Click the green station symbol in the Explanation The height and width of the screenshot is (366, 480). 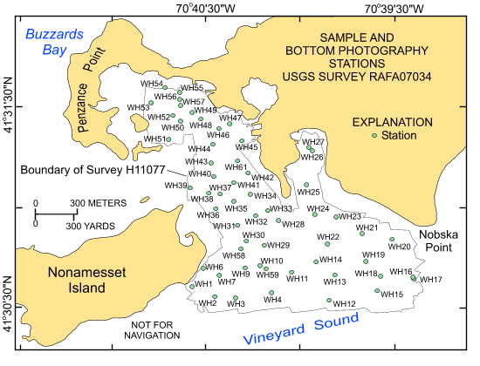click(374, 136)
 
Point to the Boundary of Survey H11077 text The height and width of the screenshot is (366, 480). click(72, 171)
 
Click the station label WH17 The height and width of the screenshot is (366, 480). click(432, 280)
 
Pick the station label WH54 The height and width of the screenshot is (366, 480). click(153, 84)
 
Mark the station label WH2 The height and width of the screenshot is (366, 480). click(208, 302)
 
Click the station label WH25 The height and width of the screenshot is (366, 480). click(308, 192)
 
